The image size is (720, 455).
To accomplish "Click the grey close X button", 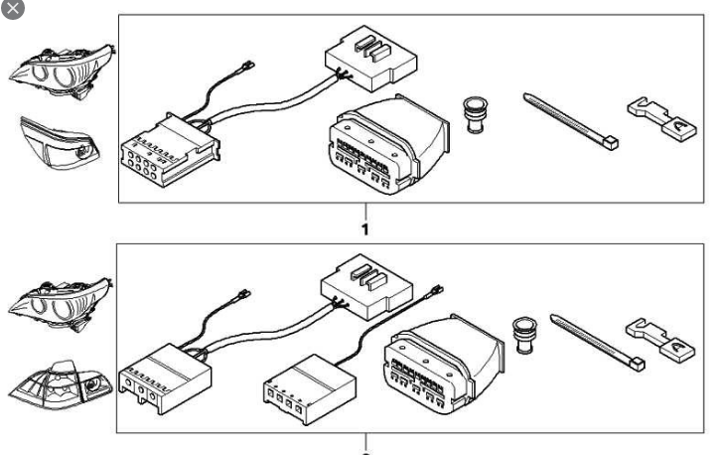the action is (x=12, y=8).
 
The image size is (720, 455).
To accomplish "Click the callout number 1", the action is (x=365, y=229).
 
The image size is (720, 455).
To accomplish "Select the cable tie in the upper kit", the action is (x=571, y=121).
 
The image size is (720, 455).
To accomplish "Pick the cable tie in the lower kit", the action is (x=598, y=342).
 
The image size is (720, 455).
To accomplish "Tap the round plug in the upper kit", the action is (x=475, y=115).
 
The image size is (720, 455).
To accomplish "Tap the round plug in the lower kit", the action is (x=524, y=335).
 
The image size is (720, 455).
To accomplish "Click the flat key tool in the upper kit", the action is (x=661, y=119).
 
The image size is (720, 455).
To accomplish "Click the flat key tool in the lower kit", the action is (x=660, y=339).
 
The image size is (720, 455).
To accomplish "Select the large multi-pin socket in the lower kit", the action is (x=444, y=364).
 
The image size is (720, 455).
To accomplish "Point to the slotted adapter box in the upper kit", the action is (x=371, y=59).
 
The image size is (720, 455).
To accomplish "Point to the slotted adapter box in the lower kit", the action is (x=366, y=287).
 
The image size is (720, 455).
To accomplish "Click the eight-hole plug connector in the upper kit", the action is (x=170, y=150).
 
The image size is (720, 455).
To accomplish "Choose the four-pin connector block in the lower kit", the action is (x=310, y=389).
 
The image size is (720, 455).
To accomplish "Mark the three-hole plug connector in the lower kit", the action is (x=165, y=379).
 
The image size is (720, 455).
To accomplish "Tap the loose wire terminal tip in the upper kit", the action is (x=248, y=66).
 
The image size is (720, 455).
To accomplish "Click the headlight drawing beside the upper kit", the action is (x=63, y=72).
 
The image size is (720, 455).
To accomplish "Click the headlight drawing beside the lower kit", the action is (x=61, y=304).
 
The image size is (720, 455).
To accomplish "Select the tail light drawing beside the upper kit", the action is (x=60, y=143).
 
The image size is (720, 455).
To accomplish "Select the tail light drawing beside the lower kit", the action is (x=61, y=384).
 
